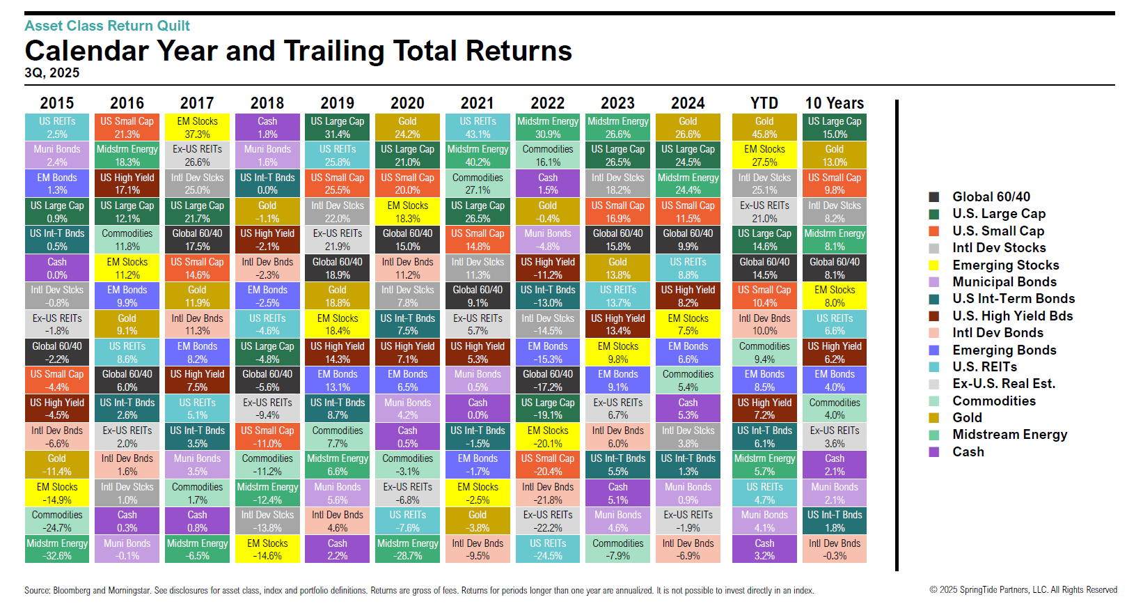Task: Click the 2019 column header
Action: pyautogui.click(x=338, y=103)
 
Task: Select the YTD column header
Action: pyautogui.click(x=764, y=103)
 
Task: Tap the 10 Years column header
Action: pyautogui.click(x=835, y=103)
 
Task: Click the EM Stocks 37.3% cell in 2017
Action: pyautogui.click(x=197, y=127)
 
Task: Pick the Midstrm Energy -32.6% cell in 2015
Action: pyautogui.click(x=57, y=549)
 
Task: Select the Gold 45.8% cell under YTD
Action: pyautogui.click(x=764, y=127)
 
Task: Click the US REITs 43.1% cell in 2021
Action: pyautogui.click(x=478, y=127)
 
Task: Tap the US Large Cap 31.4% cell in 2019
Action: pyautogui.click(x=338, y=127)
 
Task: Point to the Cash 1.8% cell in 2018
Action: pyautogui.click(x=267, y=127)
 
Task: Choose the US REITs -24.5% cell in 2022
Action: pyautogui.click(x=548, y=549)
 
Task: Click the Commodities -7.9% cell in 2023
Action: pyautogui.click(x=618, y=549)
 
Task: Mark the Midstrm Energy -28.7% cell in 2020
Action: pyautogui.click(x=408, y=549)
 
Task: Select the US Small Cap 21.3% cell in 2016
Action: pyautogui.click(x=127, y=127)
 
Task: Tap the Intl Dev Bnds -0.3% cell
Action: pyautogui.click(x=835, y=549)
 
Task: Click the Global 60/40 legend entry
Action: pyautogui.click(x=991, y=197)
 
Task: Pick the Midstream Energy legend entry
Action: pyautogui.click(x=1009, y=435)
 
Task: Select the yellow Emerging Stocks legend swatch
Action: pyautogui.click(x=934, y=265)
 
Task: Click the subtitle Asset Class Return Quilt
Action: pyautogui.click(x=107, y=26)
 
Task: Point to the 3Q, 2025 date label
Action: pyautogui.click(x=52, y=73)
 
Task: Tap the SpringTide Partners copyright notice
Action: pyautogui.click(x=1023, y=590)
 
